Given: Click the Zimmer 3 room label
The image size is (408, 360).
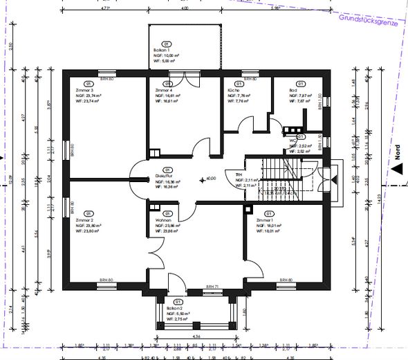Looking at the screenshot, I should point(84,90).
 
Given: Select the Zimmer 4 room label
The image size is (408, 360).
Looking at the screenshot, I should point(163,90).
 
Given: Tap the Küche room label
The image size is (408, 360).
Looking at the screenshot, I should point(233,90).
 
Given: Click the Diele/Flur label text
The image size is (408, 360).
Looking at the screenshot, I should point(164,176).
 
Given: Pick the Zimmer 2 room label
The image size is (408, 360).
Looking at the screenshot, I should point(84,219).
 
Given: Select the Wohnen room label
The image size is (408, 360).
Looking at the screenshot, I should point(163,219).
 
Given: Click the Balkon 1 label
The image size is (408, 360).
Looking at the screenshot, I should point(163,50).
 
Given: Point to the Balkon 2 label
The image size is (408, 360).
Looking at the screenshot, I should point(174,309).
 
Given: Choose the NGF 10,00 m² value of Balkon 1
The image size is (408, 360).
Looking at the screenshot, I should point(167,55).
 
